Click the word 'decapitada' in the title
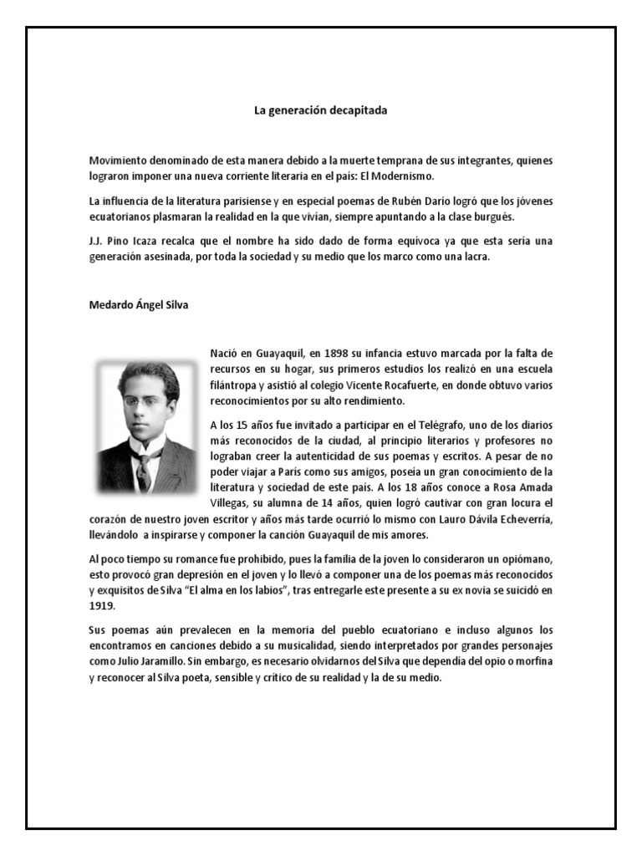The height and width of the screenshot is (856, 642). click(358, 110)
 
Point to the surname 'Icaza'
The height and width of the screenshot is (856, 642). click(145, 241)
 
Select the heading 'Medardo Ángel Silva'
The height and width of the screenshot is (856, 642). click(139, 305)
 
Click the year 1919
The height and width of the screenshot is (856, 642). click(102, 607)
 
